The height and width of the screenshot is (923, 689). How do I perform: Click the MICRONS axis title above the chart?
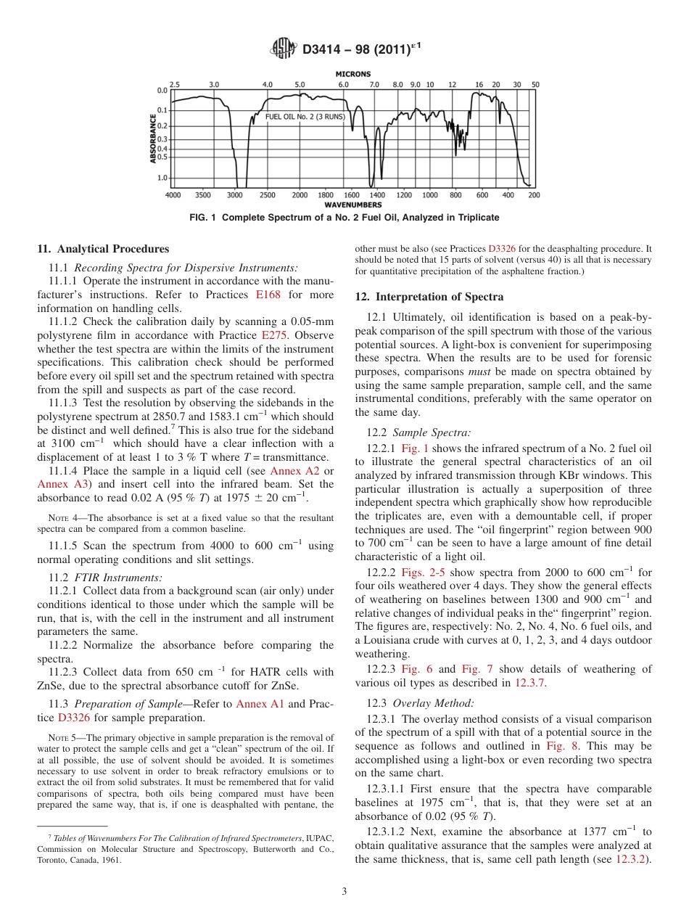353,74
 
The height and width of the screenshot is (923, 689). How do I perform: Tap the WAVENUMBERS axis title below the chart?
353,205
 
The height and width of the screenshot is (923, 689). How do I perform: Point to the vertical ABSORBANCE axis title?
153,137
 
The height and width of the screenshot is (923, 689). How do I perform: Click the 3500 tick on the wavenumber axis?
203,195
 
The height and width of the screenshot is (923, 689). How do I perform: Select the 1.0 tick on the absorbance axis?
162,177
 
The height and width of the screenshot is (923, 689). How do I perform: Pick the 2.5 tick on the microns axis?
174,84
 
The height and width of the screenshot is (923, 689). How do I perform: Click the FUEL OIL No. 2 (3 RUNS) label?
305,116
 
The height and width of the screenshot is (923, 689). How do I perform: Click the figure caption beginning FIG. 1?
344,218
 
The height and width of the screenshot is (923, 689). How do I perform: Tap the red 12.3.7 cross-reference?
530,682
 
